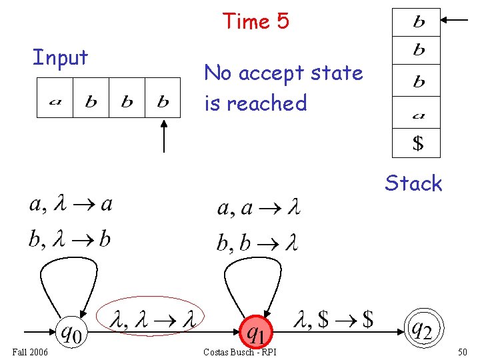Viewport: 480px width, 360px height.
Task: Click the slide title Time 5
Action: tap(256, 21)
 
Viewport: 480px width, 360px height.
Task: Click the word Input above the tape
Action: tap(61, 58)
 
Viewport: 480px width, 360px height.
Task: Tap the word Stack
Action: tap(413, 183)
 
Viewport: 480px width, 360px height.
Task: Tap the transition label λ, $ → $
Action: tap(333, 320)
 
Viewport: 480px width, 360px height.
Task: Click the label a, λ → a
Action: tap(71, 204)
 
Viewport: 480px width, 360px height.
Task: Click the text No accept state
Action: tap(283, 73)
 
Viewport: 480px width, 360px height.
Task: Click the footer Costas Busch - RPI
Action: tap(241, 351)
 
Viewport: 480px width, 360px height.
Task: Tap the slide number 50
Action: tap(463, 351)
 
